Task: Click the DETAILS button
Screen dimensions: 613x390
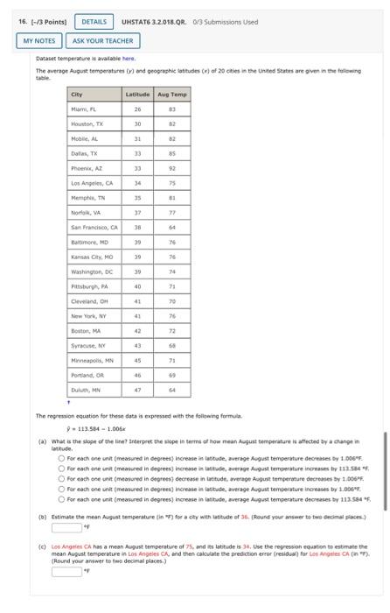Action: pyautogui.click(x=94, y=21)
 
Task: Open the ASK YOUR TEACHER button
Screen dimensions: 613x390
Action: pyautogui.click(x=103, y=40)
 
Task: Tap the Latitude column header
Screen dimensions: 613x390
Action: pyautogui.click(x=137, y=94)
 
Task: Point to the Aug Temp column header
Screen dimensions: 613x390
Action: pyautogui.click(x=172, y=94)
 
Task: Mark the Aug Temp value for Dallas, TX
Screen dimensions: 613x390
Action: pyautogui.click(x=172, y=151)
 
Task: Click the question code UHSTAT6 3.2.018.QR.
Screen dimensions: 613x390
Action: pyautogui.click(x=157, y=21)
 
